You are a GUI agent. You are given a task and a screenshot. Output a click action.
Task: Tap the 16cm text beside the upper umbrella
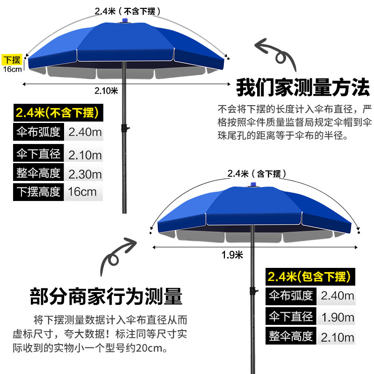pyautogui.click(x=12, y=69)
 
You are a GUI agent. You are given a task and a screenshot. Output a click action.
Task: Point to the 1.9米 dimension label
pyautogui.click(x=232, y=255)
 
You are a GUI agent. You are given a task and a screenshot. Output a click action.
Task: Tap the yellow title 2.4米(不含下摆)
pyautogui.click(x=56, y=113)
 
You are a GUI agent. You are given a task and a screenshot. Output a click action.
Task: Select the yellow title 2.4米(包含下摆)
pyautogui.click(x=309, y=277)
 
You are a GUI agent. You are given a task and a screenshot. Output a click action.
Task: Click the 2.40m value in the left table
pyautogui.click(x=85, y=132)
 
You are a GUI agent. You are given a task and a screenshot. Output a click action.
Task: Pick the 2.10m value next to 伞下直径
pyautogui.click(x=85, y=155)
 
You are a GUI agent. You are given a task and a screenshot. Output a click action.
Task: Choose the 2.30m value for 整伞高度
pyautogui.click(x=85, y=174)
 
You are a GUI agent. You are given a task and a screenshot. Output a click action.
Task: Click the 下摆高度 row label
pyautogui.click(x=38, y=192)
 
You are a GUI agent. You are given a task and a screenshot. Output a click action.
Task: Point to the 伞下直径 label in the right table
pyautogui.click(x=291, y=317)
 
